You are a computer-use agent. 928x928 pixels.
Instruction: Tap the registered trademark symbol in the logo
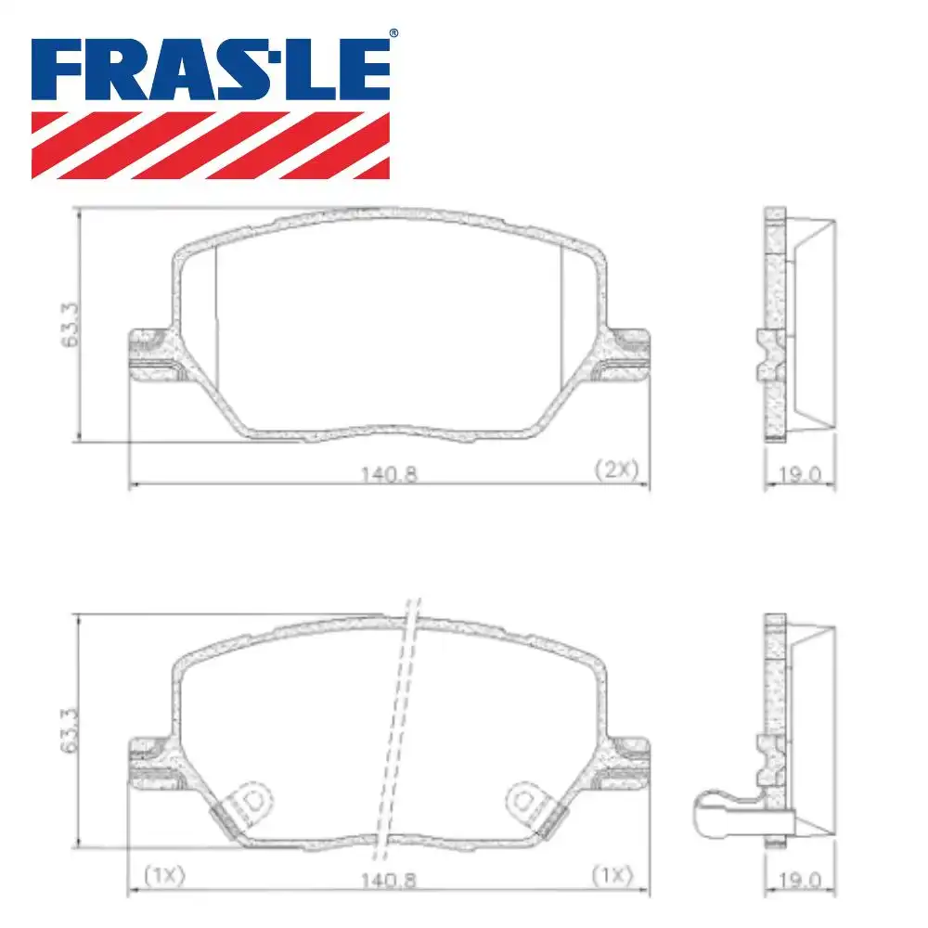(x=393, y=33)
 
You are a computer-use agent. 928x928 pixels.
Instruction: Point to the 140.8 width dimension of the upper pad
(x=388, y=472)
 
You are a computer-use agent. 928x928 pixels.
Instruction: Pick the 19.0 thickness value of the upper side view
(x=801, y=474)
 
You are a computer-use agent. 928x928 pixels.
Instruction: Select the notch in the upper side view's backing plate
(x=769, y=354)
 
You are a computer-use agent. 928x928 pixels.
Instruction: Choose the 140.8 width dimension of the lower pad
(x=388, y=875)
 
